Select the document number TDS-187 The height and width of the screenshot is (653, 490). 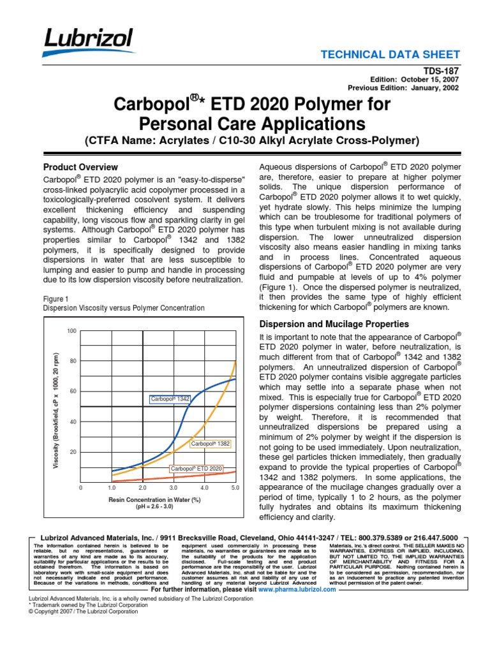click(441, 72)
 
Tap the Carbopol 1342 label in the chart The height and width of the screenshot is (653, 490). click(170, 399)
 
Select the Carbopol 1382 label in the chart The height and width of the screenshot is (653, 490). click(210, 443)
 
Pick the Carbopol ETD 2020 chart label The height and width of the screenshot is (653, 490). click(197, 469)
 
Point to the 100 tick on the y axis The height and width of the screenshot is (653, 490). click(72, 330)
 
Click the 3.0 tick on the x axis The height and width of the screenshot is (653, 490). click(174, 488)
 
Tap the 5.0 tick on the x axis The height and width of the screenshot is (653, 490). click(234, 488)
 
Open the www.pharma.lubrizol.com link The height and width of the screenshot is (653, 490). click(297, 590)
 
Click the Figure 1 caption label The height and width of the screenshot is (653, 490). click(56, 298)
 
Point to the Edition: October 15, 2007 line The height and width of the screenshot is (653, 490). click(406, 80)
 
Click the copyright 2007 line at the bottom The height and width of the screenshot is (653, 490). click(84, 611)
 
